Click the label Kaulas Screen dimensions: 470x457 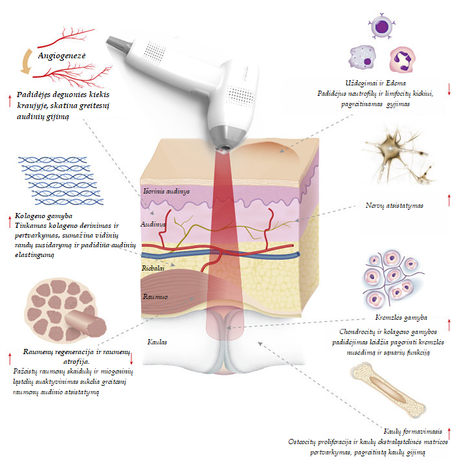[x=158, y=341]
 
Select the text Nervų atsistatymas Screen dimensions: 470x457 [x=394, y=206]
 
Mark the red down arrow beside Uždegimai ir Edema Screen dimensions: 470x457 [x=449, y=89]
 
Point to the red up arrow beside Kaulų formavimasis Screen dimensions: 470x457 [x=449, y=432]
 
